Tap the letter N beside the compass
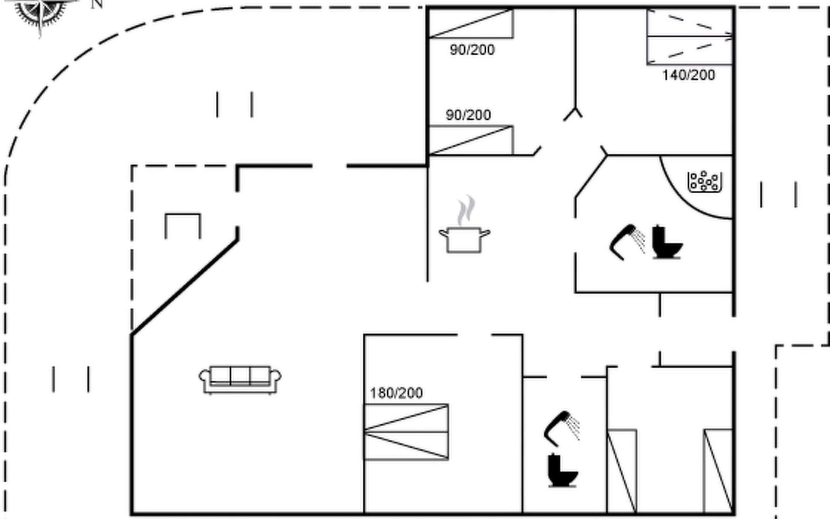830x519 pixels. [x=97, y=4]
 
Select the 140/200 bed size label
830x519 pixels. [x=688, y=75]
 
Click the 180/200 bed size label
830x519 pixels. [x=396, y=393]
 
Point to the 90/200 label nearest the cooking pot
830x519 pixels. [x=468, y=115]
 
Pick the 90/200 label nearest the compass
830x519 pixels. [x=472, y=50]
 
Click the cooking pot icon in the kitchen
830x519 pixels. [x=464, y=239]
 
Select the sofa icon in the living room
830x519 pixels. [x=240, y=380]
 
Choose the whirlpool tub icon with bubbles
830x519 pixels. [x=705, y=182]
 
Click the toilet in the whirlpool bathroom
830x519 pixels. [x=666, y=243]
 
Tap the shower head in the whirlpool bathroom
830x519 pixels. [x=627, y=242]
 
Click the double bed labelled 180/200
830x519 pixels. [x=406, y=432]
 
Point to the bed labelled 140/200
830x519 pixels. [x=690, y=37]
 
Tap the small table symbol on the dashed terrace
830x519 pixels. [x=183, y=225]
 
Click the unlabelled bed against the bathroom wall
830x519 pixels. [x=622, y=471]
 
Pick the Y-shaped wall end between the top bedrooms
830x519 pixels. [x=574, y=113]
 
